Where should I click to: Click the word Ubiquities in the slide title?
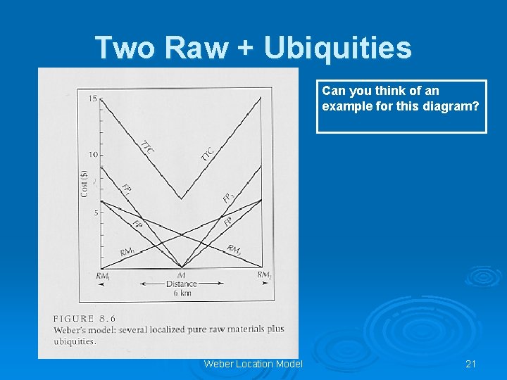click(337, 48)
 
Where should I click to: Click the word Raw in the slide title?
click(197, 48)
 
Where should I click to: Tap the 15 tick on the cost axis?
click(93, 99)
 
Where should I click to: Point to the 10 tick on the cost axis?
click(93, 155)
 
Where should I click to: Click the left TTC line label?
click(147, 146)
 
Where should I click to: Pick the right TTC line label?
click(208, 153)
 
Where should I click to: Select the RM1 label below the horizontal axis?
click(103, 276)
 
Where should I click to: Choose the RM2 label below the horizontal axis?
click(264, 275)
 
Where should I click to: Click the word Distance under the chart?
click(182, 284)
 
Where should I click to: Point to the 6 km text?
click(182, 293)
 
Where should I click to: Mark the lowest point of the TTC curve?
click(182, 198)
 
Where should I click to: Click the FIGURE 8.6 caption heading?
click(84, 319)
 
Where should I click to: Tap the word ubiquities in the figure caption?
click(75, 341)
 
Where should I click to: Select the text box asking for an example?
click(401, 106)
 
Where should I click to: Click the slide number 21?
click(471, 364)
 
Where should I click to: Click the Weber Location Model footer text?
click(253, 364)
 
